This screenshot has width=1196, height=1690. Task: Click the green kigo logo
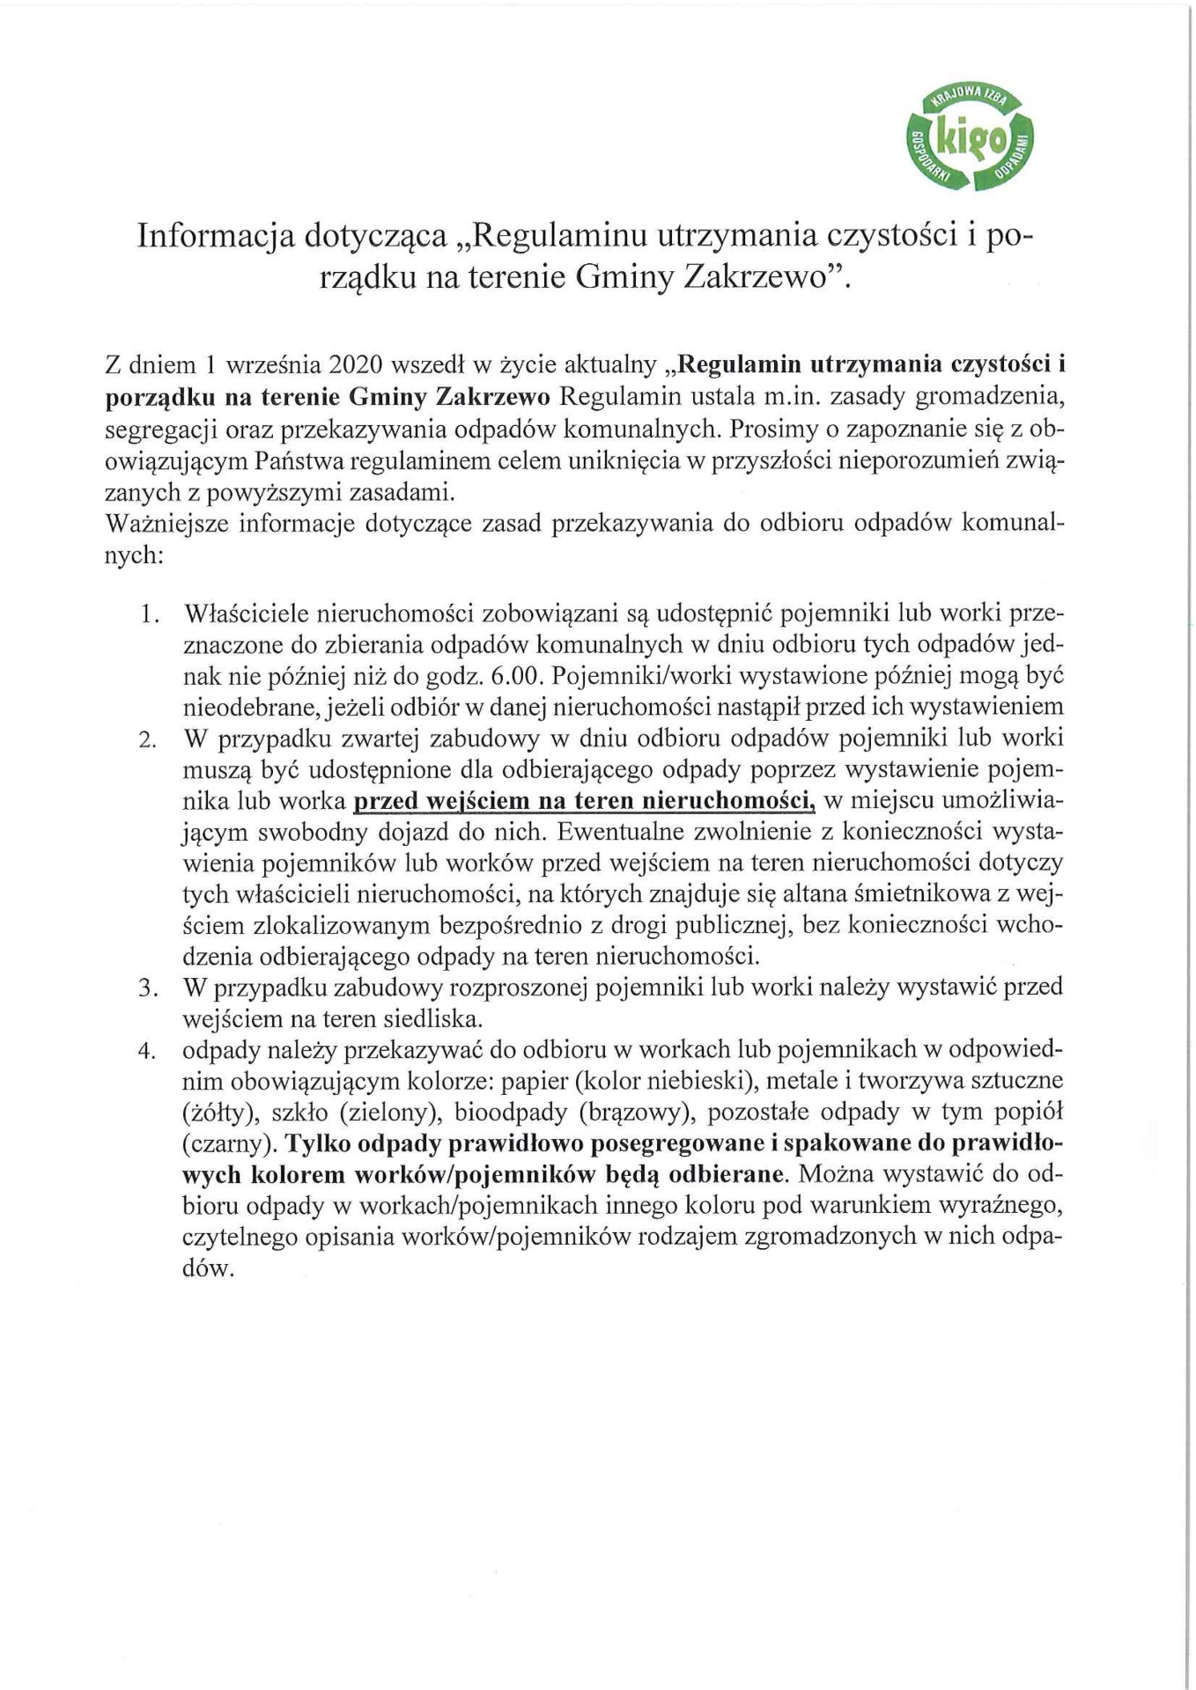click(971, 137)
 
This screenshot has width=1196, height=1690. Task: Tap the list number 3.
click(148, 988)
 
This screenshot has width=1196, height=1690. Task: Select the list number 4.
click(148, 1051)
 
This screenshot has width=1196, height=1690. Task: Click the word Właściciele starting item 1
click(241, 613)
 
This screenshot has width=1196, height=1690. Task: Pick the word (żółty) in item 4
click(219, 1113)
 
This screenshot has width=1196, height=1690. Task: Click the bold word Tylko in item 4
click(320, 1143)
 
